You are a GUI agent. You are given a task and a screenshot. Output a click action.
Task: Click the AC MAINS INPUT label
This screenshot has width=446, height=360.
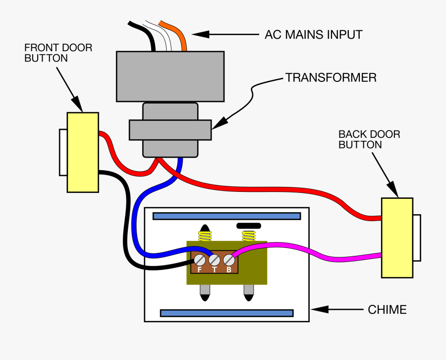coord(313,35)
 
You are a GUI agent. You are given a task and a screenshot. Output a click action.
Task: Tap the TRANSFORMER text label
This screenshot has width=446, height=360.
coord(330,78)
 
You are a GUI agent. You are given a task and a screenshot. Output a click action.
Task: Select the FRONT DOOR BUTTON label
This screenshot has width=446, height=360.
coord(58,53)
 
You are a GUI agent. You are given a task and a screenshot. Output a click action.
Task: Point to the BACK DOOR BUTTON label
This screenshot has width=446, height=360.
coord(369,139)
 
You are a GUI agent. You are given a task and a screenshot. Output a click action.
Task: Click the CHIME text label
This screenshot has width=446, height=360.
coord(387,310)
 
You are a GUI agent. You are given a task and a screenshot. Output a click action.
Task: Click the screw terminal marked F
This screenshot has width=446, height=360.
coord(199,260)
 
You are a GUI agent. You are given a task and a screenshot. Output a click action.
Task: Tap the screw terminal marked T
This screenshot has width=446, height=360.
coord(214,260)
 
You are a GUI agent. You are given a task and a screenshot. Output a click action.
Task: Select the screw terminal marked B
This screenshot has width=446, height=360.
coord(228,260)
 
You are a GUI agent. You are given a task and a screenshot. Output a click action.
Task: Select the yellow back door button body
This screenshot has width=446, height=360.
coord(397,238)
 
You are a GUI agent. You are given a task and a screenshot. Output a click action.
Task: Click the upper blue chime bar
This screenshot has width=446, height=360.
coord(226,216)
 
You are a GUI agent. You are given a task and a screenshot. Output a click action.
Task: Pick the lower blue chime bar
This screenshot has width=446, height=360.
coord(226,313)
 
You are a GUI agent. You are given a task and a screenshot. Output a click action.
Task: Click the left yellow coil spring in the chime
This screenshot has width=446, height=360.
coord(204,236)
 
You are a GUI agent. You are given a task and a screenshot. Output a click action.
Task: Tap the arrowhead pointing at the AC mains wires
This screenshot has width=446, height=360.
coord(198,34)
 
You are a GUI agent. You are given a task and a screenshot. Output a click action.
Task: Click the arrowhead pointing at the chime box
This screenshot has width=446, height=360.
coord(318,309)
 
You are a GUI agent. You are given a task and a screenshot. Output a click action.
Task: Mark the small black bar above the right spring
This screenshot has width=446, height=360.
coord(249,226)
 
